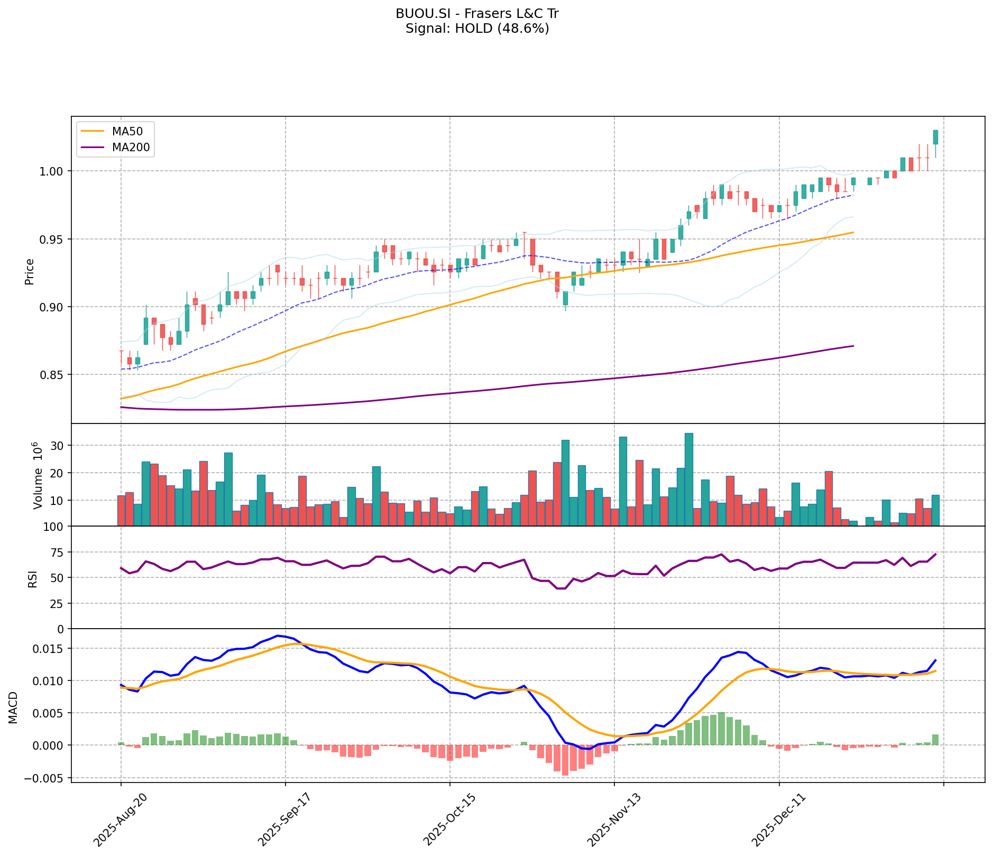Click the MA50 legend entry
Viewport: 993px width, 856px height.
(127, 132)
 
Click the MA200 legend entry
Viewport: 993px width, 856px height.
(131, 148)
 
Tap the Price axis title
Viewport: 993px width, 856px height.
(30, 272)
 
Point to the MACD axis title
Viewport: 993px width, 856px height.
(13, 708)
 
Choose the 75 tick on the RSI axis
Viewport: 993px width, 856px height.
(60, 553)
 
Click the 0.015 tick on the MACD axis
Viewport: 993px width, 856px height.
(53, 649)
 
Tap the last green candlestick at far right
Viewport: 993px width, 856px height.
(935, 137)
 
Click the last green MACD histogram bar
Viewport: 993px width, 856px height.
(935, 740)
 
